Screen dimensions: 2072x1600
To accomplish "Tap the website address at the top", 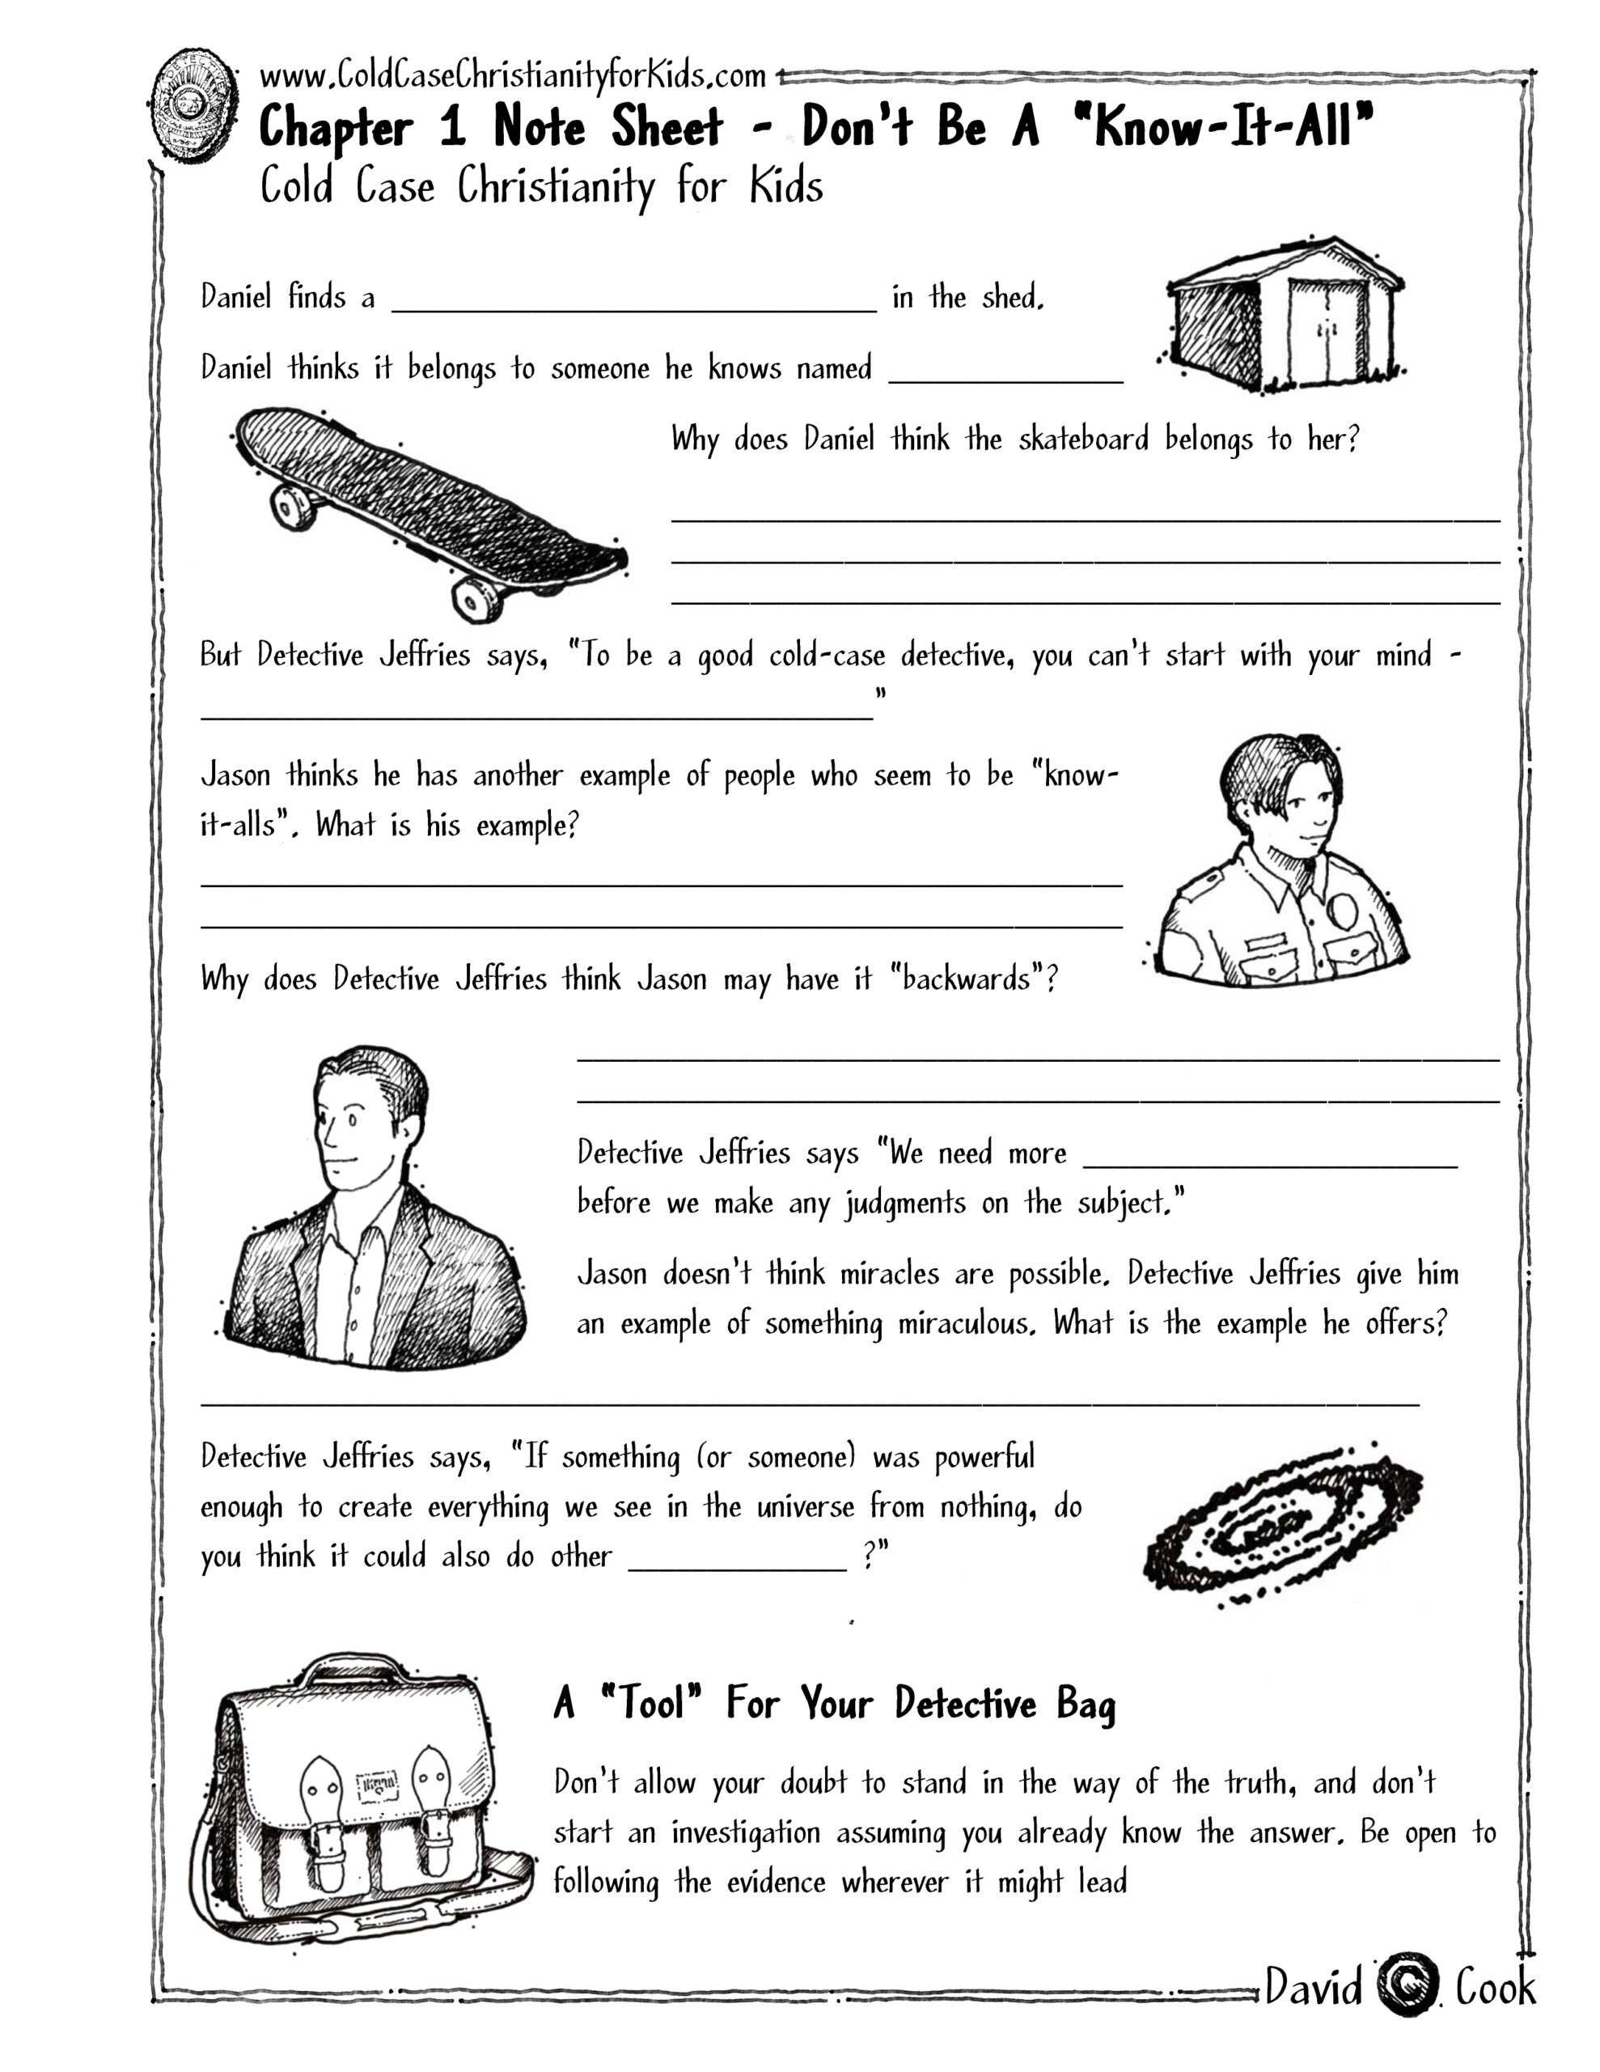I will pyautogui.click(x=512, y=75).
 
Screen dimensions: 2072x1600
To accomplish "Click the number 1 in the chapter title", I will pyautogui.click(x=452, y=128).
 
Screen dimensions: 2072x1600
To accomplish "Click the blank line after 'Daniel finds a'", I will pyautogui.click(x=633, y=302).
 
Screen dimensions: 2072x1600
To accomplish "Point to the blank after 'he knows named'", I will pyautogui.click(x=1005, y=374).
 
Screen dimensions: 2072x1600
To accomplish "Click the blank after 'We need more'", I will pyautogui.click(x=1269, y=1159).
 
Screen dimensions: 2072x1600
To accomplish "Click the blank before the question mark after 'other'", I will pyautogui.click(x=737, y=1561).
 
